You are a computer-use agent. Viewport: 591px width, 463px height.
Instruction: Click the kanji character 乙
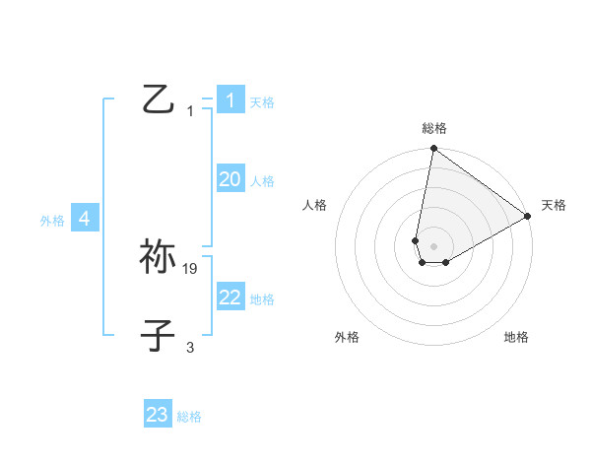159,99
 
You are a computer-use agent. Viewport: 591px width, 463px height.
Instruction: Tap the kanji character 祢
159,256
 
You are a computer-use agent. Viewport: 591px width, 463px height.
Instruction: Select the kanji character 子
159,335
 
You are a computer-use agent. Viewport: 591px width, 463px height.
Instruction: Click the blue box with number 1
230,100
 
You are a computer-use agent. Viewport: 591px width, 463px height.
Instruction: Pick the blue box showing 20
230,179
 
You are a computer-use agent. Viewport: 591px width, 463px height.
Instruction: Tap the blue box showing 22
230,298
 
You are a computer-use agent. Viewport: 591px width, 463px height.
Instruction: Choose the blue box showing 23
158,415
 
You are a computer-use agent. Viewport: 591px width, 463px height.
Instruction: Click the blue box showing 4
85,219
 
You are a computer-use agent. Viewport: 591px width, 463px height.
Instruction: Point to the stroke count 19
191,268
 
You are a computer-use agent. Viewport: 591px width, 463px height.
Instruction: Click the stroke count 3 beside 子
190,347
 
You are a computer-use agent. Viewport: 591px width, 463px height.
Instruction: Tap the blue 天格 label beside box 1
262,102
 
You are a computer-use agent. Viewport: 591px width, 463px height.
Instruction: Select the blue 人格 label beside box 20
262,181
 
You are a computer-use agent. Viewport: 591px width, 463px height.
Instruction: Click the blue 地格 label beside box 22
262,299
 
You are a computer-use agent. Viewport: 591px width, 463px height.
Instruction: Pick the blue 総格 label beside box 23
189,417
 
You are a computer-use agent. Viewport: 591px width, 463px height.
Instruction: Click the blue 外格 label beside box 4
52,221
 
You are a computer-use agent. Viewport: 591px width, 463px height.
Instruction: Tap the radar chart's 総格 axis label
434,128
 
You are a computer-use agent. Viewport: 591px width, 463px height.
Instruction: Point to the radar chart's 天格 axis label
554,205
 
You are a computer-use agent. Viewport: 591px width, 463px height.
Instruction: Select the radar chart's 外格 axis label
347,337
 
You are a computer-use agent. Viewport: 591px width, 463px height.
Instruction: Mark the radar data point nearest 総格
433,150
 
